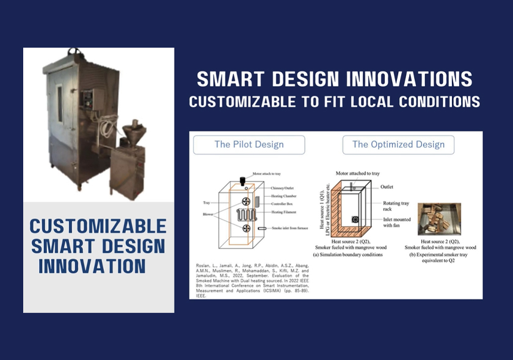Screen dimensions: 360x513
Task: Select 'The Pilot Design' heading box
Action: pyautogui.click(x=249, y=145)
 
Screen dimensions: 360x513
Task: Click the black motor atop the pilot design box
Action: pyautogui.click(x=242, y=181)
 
